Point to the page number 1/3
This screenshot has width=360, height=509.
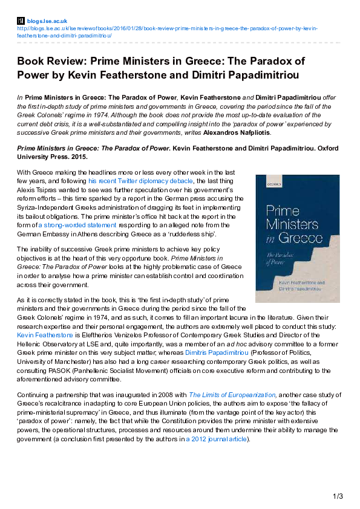pos(338,496)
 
